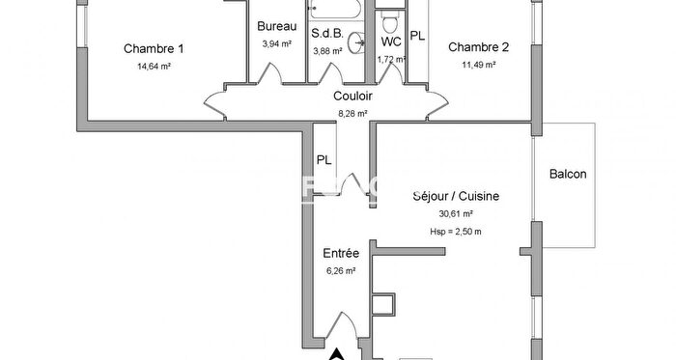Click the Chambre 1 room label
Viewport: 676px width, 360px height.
(154, 48)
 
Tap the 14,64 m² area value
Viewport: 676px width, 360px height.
(154, 67)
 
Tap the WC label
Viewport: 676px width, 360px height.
(391, 42)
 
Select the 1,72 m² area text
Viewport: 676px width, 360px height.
(390, 60)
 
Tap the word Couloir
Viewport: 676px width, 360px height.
(353, 96)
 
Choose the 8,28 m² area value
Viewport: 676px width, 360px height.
(353, 113)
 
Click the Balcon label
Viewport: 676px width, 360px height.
(568, 175)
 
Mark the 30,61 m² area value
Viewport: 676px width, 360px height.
(456, 214)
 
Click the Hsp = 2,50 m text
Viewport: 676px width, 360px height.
(456, 232)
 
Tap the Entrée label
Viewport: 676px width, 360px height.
(341, 253)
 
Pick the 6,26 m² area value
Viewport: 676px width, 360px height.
(341, 271)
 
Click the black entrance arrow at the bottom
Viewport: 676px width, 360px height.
(336, 353)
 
